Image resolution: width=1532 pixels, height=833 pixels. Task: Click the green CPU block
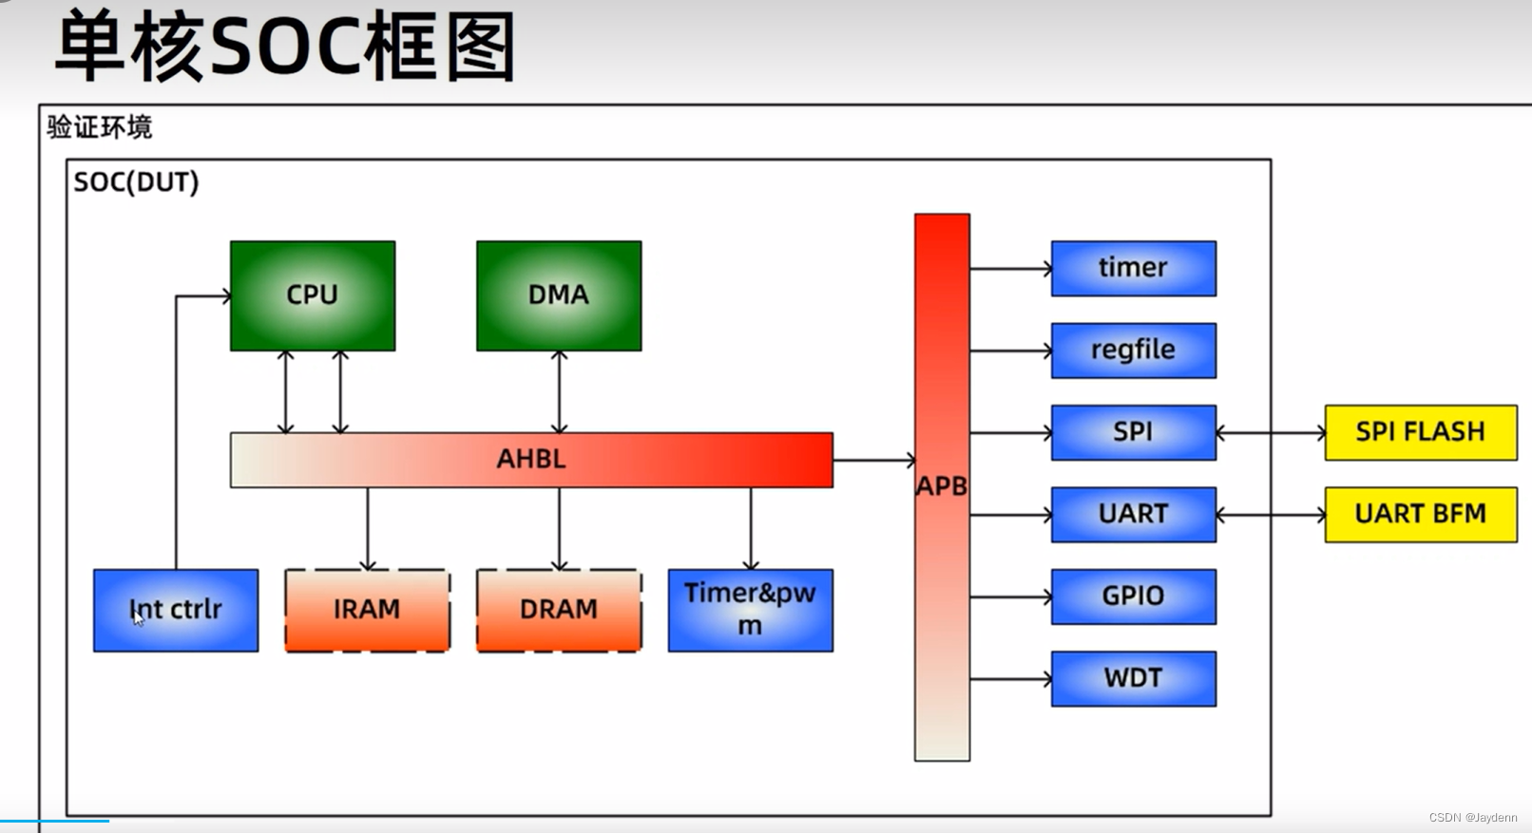tap(312, 295)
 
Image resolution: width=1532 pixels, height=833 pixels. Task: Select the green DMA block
tap(559, 295)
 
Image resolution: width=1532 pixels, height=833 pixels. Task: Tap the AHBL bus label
tap(531, 460)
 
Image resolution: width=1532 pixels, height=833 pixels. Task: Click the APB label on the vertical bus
tap(941, 486)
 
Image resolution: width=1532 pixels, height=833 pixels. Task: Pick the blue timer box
tap(1133, 268)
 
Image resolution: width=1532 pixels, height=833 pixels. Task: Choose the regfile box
tap(1133, 350)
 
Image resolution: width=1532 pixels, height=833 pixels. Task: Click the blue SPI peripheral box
tap(1133, 432)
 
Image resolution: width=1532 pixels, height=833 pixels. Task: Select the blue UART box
tap(1133, 514)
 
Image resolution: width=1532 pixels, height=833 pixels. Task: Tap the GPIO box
tap(1133, 596)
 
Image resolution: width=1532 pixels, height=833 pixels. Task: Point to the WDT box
tap(1133, 678)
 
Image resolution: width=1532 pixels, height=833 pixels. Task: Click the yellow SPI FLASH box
tap(1420, 432)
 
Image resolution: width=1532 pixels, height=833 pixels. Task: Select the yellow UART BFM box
tap(1420, 514)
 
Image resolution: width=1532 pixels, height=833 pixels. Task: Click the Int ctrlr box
tap(176, 610)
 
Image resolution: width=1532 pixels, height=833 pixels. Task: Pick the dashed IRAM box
tap(367, 610)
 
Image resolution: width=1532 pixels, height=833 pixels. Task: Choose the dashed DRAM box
tap(559, 610)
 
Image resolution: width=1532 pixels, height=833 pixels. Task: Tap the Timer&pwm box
tap(750, 610)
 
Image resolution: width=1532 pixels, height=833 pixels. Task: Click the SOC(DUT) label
tap(136, 182)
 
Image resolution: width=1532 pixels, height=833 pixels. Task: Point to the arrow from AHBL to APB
tap(873, 461)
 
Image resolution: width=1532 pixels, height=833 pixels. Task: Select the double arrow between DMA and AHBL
tap(559, 391)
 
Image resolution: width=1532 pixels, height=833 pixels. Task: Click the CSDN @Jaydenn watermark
tap(1472, 818)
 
